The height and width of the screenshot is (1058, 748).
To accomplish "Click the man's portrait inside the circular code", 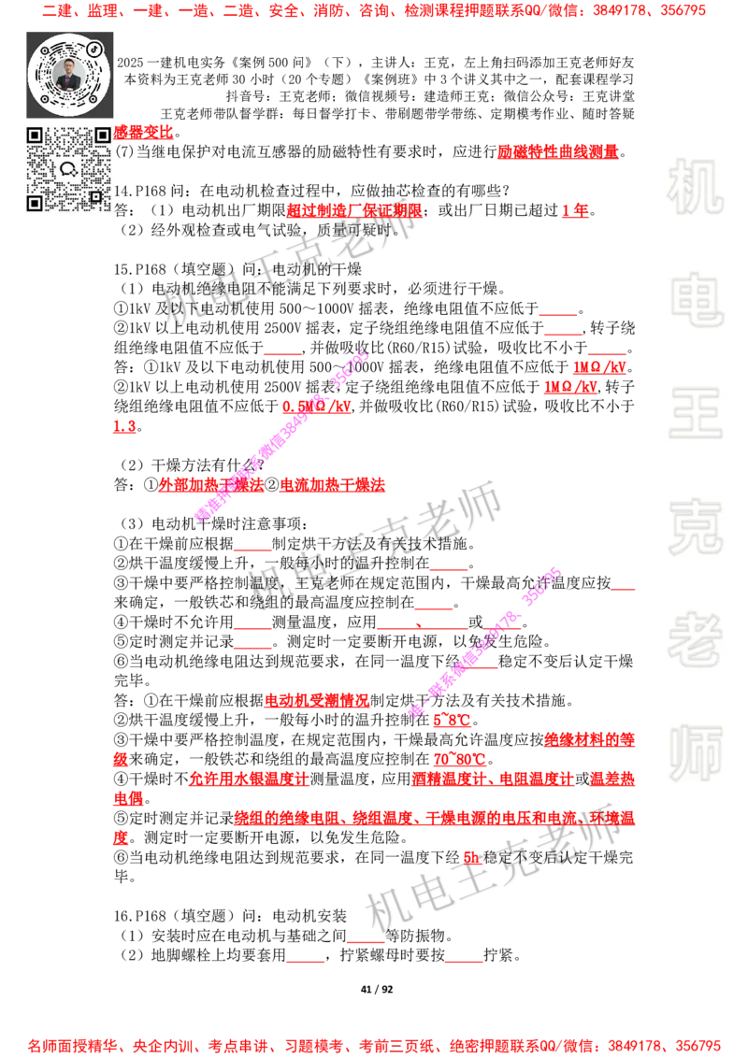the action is coord(69,74).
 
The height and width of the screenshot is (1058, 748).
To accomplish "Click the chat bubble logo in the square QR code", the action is coord(68,169).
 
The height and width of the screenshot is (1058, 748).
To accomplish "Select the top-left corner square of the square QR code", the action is coord(35,136).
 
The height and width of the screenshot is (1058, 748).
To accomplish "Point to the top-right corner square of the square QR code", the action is coord(102,136).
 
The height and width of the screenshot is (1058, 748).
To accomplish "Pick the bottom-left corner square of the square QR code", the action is coord(35,203).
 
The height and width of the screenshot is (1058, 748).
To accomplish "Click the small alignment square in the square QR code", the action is coord(95,196).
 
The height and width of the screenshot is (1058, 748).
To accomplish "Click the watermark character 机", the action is coord(695,187).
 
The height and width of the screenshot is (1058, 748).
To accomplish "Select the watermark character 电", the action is coord(698,299).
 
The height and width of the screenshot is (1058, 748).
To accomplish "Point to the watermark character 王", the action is coord(695,415).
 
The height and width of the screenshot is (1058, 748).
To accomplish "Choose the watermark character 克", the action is coord(695,527).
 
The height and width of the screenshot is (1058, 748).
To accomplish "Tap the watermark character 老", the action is coord(695,639).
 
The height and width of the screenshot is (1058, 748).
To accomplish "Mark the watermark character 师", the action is coord(695,754).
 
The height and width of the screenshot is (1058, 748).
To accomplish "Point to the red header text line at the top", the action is coord(374,12).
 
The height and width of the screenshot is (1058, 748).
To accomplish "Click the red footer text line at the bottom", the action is coord(374,1046).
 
